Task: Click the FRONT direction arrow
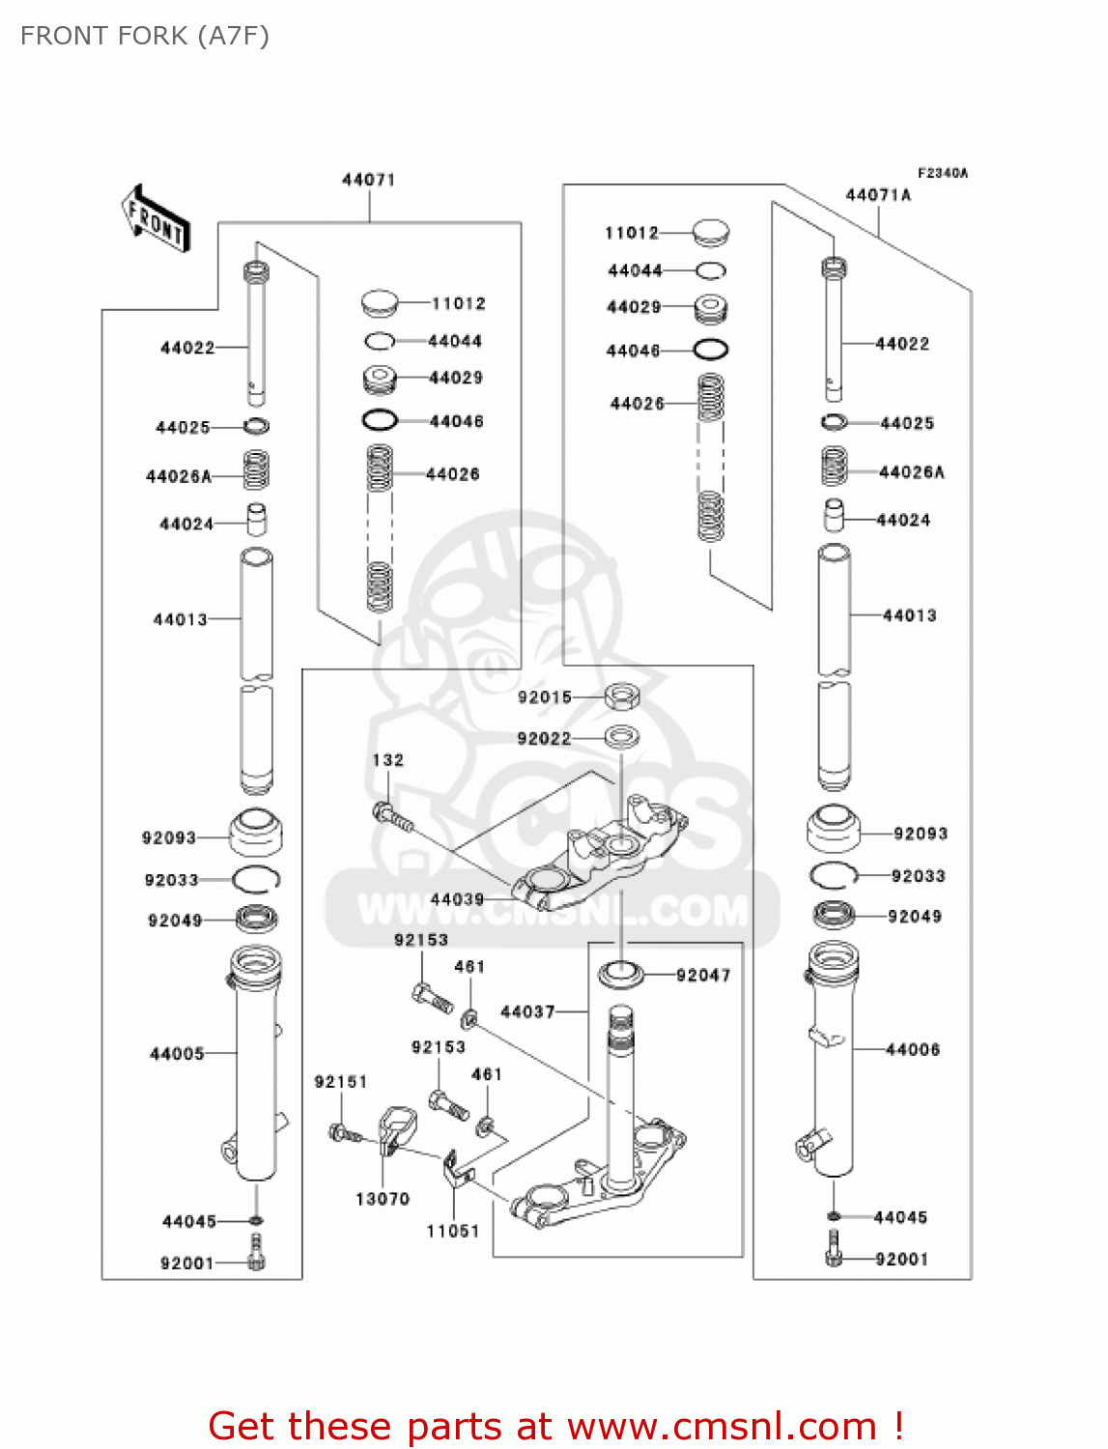[x=155, y=219]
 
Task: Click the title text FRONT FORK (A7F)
[x=145, y=36]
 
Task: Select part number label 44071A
[x=878, y=195]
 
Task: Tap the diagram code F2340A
[x=942, y=173]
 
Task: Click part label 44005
[x=177, y=1054]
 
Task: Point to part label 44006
[x=912, y=1050]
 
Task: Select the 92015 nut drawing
[x=623, y=696]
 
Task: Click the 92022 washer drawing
[x=622, y=738]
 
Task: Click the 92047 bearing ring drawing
[x=621, y=974]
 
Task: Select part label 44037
[x=527, y=1012]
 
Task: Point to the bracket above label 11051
[x=456, y=1171]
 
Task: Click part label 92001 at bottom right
[x=900, y=1260]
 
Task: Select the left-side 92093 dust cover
[x=256, y=832]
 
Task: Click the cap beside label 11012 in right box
[x=712, y=232]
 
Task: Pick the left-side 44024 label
[x=185, y=525]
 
